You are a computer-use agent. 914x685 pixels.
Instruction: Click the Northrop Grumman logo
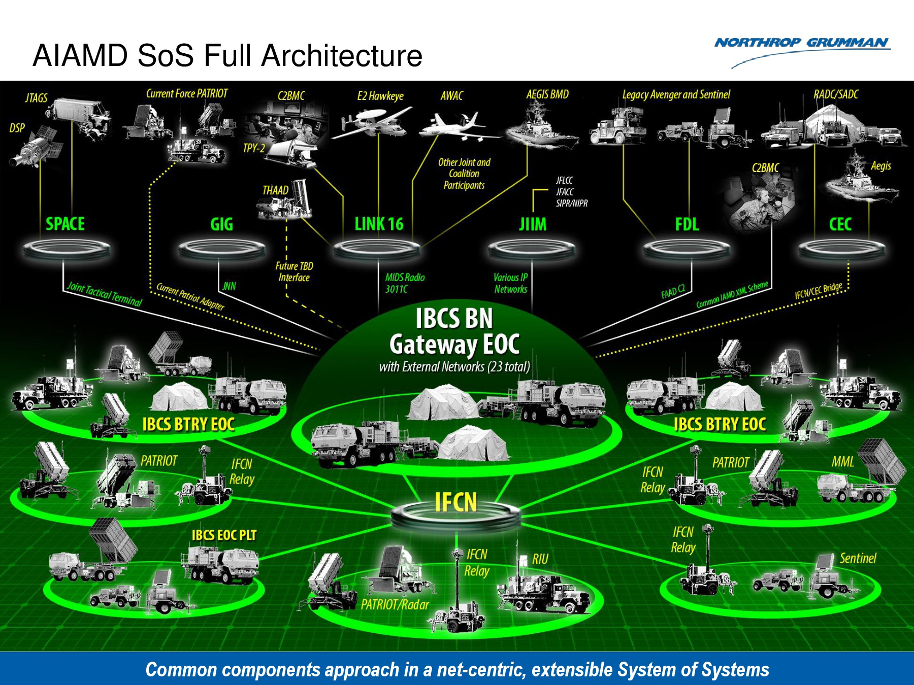coord(802,44)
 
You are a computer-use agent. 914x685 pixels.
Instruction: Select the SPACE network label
coord(65,224)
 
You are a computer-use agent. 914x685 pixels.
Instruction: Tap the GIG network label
coord(221,224)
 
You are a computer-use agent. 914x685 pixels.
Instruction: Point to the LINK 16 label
coord(379,224)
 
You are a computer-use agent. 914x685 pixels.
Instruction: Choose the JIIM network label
coord(533,224)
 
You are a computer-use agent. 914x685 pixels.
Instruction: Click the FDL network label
coord(687,224)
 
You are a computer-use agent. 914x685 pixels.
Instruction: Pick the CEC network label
coord(840,224)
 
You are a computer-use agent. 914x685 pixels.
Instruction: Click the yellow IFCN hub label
coord(456,502)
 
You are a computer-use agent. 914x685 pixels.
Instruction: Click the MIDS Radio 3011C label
coord(404,283)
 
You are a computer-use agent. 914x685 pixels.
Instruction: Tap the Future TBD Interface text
coord(294,271)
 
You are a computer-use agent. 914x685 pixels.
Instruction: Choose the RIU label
coord(540,559)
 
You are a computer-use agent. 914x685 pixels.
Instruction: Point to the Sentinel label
coord(858,558)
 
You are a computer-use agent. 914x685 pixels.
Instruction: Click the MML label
coord(842,462)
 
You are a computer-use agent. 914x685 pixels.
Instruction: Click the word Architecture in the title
coord(342,56)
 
